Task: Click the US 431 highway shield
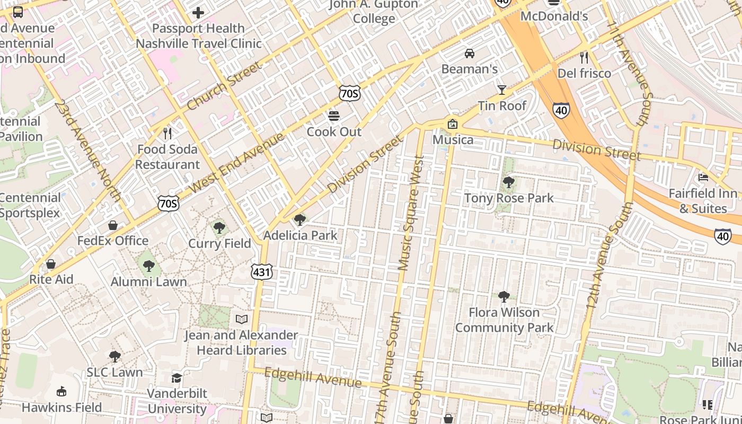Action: click(262, 272)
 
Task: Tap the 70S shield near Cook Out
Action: click(349, 94)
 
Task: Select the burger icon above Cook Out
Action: click(333, 116)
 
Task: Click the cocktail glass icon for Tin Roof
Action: click(501, 90)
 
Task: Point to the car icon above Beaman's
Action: click(469, 53)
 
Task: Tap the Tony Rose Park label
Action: click(508, 198)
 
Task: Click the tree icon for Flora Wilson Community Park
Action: click(503, 296)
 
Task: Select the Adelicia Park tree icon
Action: click(299, 219)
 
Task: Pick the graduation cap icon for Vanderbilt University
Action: click(176, 378)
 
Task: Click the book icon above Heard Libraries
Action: click(241, 319)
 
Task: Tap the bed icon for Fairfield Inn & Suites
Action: click(703, 177)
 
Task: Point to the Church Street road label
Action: click(224, 86)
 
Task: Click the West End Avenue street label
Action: click(237, 163)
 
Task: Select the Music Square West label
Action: click(412, 212)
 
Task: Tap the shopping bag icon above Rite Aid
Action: click(51, 263)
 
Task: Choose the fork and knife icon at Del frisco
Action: click(584, 57)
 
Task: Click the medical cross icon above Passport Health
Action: click(198, 12)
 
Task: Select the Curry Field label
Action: click(219, 244)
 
